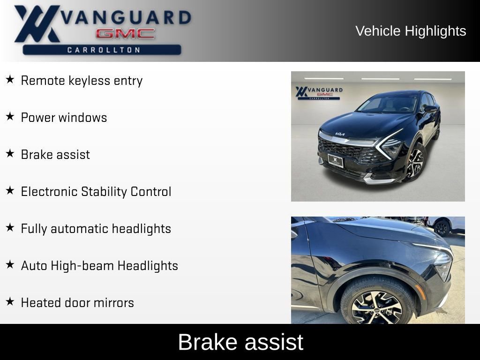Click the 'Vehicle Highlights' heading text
tap(411, 31)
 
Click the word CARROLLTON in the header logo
tap(104, 50)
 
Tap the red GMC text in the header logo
tap(125, 34)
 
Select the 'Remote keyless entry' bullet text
tap(82, 81)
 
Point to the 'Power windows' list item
tap(64, 118)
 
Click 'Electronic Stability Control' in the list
tap(96, 192)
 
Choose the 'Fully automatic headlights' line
tap(96, 229)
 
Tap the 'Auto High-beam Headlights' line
tap(99, 266)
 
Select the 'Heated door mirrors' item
tap(77, 303)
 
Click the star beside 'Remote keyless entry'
tap(10, 80)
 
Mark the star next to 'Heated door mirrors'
tap(10, 302)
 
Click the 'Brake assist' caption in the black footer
tap(240, 342)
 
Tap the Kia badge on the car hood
tap(340, 135)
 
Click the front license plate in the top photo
tap(335, 161)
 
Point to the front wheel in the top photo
tap(415, 162)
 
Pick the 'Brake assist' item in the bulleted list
tap(55, 155)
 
